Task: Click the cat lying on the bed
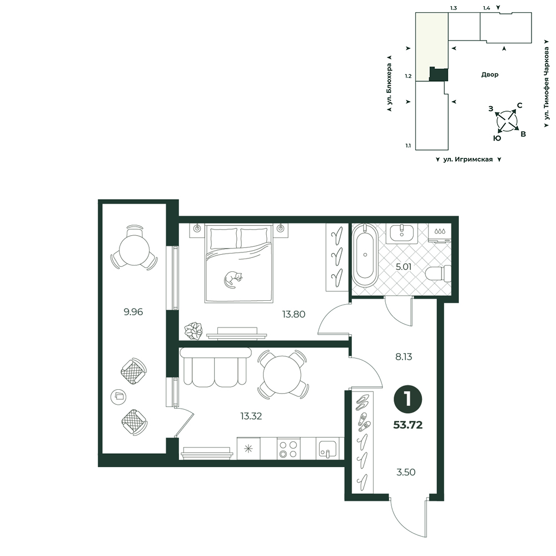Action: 232,280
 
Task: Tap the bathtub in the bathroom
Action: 365,255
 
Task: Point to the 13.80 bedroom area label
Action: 294,314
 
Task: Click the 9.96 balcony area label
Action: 133,312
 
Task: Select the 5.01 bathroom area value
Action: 404,267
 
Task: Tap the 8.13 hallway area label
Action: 404,357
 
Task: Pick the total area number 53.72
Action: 408,425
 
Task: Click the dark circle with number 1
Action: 408,399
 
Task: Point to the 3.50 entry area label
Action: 406,472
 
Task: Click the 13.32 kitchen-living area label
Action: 251,416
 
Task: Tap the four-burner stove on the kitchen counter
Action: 288,449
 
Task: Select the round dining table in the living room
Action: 282,375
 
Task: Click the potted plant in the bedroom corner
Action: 193,331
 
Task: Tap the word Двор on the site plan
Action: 490,75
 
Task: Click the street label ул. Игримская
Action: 468,160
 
